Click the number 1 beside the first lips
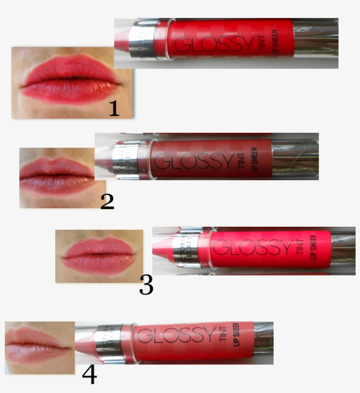114,108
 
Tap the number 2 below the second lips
107,201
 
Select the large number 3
146,285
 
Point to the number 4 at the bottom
90,375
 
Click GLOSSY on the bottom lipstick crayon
176,336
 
